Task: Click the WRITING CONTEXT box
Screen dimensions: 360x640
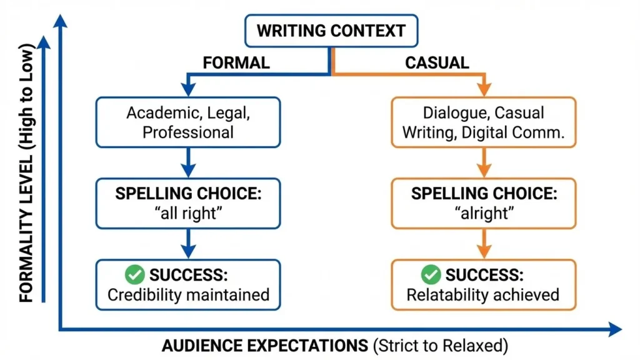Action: pos(331,31)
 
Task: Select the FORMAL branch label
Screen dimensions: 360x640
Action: pos(236,62)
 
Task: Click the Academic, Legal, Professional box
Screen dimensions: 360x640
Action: pos(188,122)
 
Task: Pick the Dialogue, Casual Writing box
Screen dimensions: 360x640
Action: pos(483,122)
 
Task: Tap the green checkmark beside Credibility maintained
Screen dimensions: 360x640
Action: pos(135,274)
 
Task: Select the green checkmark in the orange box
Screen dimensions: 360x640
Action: pos(431,274)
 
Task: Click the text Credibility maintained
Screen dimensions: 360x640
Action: pos(188,294)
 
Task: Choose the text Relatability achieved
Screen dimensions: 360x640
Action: pos(483,294)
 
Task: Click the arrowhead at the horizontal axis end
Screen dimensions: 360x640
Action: pos(615,329)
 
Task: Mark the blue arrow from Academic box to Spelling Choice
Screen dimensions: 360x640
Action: pos(188,164)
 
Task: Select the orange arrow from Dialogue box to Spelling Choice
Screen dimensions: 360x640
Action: pos(483,164)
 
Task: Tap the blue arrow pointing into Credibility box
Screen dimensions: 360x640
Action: pos(188,244)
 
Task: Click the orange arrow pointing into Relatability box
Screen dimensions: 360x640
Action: pos(483,244)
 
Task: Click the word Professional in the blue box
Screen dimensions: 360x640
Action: pos(188,132)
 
